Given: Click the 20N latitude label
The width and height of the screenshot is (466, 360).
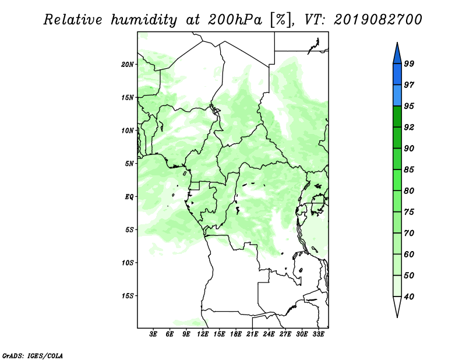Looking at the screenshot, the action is [x=128, y=65].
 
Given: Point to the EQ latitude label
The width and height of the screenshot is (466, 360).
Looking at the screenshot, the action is [x=129, y=197].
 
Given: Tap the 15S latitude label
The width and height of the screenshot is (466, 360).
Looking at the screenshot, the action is [x=128, y=296].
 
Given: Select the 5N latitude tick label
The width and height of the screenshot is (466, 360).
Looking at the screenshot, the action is [x=129, y=164].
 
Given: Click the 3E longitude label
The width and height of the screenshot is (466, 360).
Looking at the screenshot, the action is [x=153, y=334].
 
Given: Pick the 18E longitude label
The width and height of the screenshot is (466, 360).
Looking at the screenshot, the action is [x=236, y=334].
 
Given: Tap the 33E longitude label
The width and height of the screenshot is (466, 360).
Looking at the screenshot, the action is [x=318, y=334].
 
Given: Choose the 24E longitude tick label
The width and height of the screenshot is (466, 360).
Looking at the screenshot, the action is [x=269, y=334].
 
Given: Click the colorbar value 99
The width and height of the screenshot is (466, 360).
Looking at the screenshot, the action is [x=409, y=63].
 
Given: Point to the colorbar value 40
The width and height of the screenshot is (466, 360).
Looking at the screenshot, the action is [x=409, y=297].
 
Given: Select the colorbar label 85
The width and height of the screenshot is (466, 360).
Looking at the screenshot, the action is [x=409, y=170].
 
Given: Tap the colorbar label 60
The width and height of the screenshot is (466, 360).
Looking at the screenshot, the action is [x=409, y=254].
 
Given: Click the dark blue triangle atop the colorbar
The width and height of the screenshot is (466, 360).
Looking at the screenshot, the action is [x=397, y=55].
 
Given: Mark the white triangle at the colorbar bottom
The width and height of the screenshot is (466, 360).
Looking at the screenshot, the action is [x=397, y=305].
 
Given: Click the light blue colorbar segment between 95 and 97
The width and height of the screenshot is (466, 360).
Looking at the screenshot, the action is [x=397, y=96].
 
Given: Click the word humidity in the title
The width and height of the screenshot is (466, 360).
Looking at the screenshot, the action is [x=144, y=20].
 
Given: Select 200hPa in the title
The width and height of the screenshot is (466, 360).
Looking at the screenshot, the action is [x=235, y=20].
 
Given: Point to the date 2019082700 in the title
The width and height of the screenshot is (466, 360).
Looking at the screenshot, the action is [x=377, y=20].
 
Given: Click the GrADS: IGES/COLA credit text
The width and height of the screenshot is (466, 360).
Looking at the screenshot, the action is [x=33, y=355].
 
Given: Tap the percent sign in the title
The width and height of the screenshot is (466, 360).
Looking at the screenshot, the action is [x=281, y=20].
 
